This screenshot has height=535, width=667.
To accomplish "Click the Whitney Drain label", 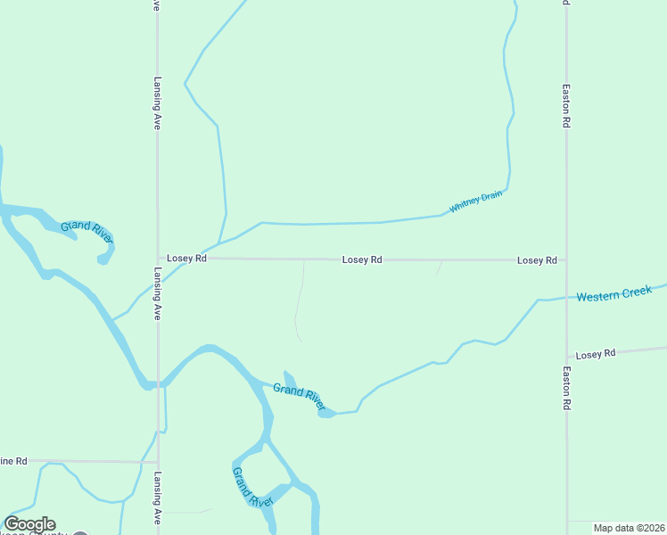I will (476, 202).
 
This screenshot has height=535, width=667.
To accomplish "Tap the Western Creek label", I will (613, 293).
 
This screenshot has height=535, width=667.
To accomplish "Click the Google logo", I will (29, 524).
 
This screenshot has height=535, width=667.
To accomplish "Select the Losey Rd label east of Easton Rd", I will (596, 354).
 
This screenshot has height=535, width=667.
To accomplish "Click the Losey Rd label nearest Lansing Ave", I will (187, 259).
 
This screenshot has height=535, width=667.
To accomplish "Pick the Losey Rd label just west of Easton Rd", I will (537, 260).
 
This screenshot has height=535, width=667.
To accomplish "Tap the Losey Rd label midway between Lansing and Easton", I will (362, 259).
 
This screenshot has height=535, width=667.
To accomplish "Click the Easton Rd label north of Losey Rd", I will (566, 107).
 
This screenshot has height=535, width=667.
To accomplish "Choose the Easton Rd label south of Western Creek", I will (566, 387).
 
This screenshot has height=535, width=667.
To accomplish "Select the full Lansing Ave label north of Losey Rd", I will (157, 103).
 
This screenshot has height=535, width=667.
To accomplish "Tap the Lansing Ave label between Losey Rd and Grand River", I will (157, 293).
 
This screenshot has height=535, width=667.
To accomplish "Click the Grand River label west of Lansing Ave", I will (86, 231).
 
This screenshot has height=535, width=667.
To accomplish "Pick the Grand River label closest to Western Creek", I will (300, 397).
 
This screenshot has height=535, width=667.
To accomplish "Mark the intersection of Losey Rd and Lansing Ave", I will (158, 259).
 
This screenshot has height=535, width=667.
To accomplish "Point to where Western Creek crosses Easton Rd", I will (566, 298).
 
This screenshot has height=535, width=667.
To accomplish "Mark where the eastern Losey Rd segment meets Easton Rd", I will (566, 357).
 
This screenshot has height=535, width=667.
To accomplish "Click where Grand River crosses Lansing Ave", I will (159, 384).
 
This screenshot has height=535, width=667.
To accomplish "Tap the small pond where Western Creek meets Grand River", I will (326, 414).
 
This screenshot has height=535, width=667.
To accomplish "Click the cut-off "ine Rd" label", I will (14, 461).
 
